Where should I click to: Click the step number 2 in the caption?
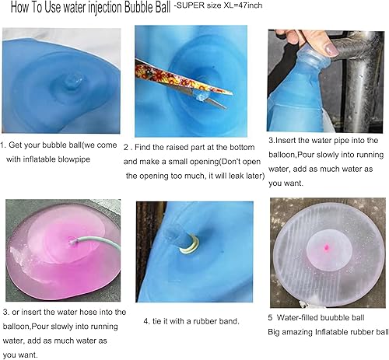pos(127,145)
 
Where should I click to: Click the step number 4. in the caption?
pos(147,320)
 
